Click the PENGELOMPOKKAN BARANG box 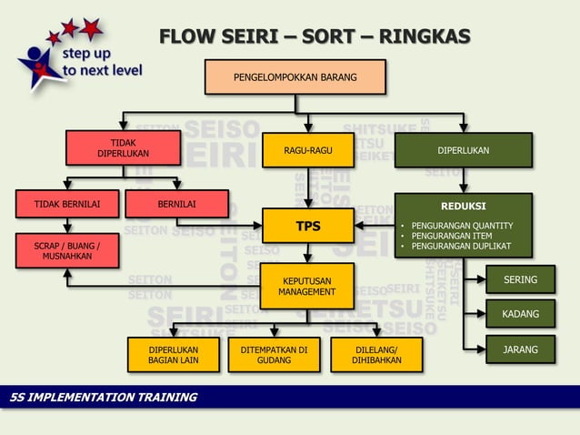point(295,77)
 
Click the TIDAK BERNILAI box point(62,204)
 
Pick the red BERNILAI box point(176,204)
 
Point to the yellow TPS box point(307,226)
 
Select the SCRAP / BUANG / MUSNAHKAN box point(66,251)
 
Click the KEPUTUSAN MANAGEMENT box point(306,287)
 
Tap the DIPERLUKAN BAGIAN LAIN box point(173,355)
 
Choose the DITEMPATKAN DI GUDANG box point(274,355)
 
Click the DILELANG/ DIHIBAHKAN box point(376,355)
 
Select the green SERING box point(520,279)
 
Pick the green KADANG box point(520,315)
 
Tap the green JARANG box point(520,349)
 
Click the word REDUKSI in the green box point(463,207)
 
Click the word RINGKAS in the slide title point(425,37)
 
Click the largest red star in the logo point(91,29)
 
